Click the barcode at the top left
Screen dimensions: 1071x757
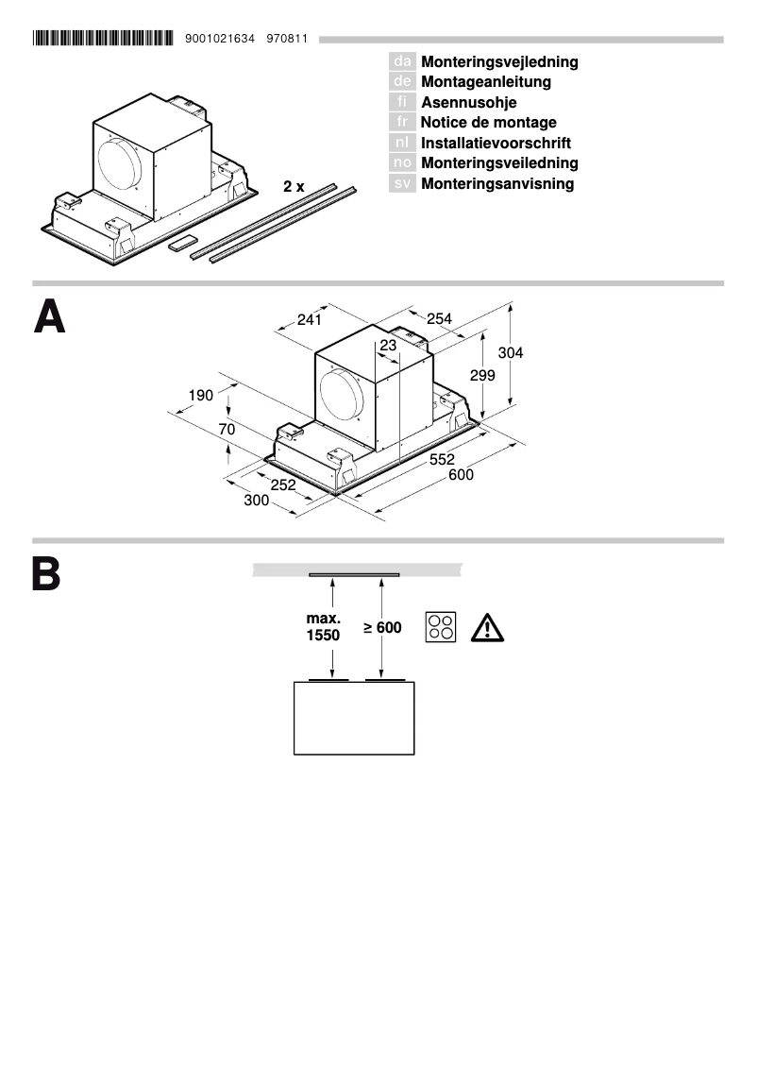tap(103, 39)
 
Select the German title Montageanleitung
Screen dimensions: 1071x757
tap(486, 82)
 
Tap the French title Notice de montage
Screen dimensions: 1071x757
tap(488, 123)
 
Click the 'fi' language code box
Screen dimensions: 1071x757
tap(402, 102)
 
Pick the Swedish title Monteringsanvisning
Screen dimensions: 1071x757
tap(497, 184)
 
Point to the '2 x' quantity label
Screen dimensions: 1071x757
tap(294, 187)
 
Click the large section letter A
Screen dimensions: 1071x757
tap(50, 317)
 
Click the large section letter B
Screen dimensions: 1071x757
tap(46, 574)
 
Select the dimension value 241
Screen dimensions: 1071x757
tap(310, 320)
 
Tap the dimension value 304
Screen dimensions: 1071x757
tap(511, 352)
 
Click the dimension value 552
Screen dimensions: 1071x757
tap(442, 459)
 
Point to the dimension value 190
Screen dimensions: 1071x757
tap(200, 395)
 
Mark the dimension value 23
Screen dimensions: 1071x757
tap(388, 346)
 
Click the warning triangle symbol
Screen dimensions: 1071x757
tap(487, 627)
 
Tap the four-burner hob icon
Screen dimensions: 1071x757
tap(441, 627)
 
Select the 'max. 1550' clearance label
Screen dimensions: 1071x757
tap(323, 627)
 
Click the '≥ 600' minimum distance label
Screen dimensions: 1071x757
tap(383, 627)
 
